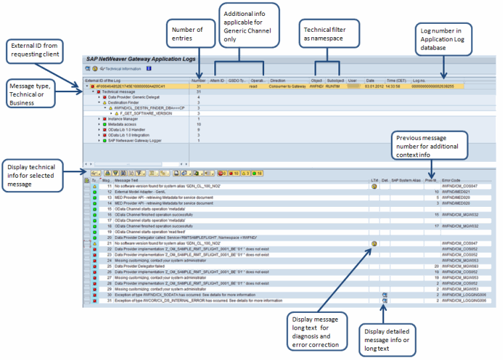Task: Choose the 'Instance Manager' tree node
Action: (x=122, y=118)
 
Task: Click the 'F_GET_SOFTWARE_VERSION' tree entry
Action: (x=141, y=113)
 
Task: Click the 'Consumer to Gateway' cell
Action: (x=287, y=86)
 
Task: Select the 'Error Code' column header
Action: (x=451, y=180)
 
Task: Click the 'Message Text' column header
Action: (x=126, y=180)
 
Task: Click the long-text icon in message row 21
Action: (x=374, y=243)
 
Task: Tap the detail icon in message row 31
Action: (x=385, y=300)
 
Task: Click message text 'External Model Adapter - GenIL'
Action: (x=142, y=192)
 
